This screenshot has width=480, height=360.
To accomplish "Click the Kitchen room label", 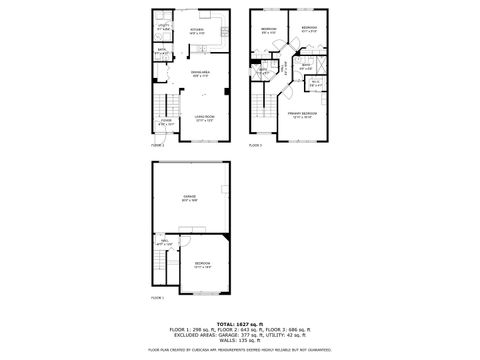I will pyautogui.click(x=197, y=30).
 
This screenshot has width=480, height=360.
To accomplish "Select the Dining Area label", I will pyautogui.click(x=200, y=75).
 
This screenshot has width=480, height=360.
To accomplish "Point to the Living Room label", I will pyautogui.click(x=205, y=119).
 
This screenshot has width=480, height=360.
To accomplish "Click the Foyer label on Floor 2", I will pyautogui.click(x=166, y=124).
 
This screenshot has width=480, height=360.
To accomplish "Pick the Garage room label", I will pyautogui.click(x=189, y=200).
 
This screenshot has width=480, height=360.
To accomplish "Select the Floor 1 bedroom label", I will pyautogui.click(x=202, y=265).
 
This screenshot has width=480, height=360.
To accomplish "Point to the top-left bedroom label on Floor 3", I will pyautogui.click(x=269, y=30).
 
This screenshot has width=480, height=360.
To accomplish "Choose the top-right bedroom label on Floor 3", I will pyautogui.click(x=309, y=28).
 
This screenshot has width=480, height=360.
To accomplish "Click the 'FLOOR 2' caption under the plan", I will pyautogui.click(x=157, y=146).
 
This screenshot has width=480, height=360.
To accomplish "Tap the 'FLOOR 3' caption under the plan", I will pyautogui.click(x=255, y=146).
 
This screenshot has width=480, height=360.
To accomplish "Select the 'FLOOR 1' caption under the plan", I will pyautogui.click(x=157, y=298).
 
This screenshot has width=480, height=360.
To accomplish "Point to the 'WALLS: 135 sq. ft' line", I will pyautogui.click(x=239, y=339).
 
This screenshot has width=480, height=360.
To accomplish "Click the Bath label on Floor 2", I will pyautogui.click(x=161, y=49).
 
